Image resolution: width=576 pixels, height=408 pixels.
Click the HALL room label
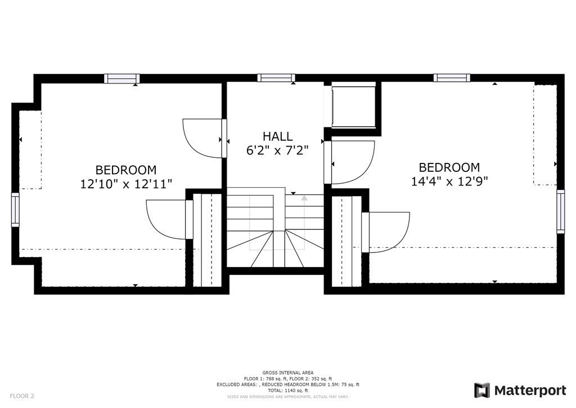click(277, 136)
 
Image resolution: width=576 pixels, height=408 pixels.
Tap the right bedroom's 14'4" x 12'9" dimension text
click(449, 181)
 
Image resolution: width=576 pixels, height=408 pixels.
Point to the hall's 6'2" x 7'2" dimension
click(277, 150)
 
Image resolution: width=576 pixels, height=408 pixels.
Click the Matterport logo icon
click(482, 390)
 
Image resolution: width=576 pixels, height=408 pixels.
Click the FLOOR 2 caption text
click(22, 396)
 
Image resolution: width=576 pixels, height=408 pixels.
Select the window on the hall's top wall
click(276, 78)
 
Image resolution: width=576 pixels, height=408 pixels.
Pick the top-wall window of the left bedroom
click(121, 79)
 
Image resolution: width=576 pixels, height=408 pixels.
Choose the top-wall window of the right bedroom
click(451, 78)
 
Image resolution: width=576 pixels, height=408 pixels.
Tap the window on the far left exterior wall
click(15, 210)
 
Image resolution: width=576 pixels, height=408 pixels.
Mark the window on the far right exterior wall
click(560, 212)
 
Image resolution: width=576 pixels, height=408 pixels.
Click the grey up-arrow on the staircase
click(304, 198)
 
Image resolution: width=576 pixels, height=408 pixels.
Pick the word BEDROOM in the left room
click(126, 170)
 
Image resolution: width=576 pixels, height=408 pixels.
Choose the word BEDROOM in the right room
click(449, 167)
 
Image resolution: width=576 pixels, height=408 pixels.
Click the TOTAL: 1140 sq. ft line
click(287, 390)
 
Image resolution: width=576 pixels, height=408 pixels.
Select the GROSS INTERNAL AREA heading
click(287, 372)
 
